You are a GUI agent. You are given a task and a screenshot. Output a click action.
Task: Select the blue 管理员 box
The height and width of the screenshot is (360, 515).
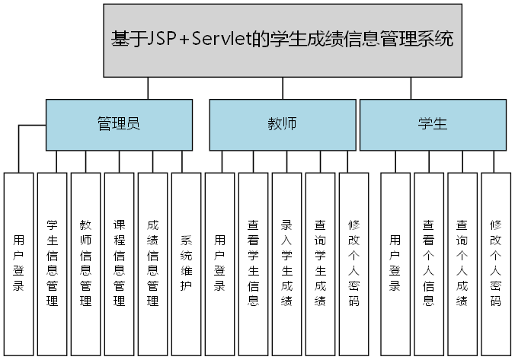(119, 124)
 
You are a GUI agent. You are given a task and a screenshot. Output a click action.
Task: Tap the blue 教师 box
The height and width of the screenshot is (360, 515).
(282, 124)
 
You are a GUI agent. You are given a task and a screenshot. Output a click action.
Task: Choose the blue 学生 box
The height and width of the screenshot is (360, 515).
(432, 124)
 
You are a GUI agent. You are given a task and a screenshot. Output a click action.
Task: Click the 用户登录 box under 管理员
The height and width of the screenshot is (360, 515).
(19, 263)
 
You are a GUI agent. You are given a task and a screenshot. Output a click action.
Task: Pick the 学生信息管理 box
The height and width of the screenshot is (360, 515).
(53, 263)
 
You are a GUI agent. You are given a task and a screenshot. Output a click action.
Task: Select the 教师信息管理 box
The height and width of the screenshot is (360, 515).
(85, 263)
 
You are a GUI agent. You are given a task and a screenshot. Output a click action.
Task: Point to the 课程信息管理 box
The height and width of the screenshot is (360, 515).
(119, 263)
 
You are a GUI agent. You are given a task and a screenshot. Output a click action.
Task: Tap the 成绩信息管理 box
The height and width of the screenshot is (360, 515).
(152, 263)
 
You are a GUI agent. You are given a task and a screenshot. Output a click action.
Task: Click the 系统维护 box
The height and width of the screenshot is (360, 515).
(186, 263)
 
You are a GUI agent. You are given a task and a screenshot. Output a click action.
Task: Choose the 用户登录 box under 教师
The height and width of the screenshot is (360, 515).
(219, 263)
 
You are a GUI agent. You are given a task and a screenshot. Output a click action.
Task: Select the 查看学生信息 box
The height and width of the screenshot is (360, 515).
(253, 263)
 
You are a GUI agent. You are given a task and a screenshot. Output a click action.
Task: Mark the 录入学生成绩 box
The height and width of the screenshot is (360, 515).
(286, 263)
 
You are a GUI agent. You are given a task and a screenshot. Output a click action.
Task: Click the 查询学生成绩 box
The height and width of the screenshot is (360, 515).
(320, 263)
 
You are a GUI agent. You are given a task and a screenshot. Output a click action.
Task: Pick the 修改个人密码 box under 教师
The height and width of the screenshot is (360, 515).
(353, 263)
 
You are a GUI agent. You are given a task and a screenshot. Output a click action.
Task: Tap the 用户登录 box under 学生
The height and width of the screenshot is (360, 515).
(395, 263)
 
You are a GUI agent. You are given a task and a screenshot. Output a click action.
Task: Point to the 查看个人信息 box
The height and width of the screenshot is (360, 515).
(429, 263)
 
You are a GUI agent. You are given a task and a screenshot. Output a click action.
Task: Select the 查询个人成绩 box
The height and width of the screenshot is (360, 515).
(462, 263)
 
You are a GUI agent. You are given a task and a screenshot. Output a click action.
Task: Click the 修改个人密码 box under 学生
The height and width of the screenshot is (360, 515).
(495, 263)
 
